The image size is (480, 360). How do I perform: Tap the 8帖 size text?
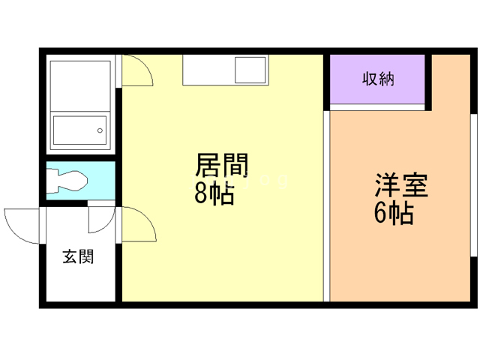pos(214,193)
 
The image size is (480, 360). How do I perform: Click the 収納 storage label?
pos(378,79)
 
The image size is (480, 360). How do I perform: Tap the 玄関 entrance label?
pos(78,256)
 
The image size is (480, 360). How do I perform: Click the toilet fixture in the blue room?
pos(67,181)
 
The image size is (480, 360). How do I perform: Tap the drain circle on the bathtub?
pos(99,131)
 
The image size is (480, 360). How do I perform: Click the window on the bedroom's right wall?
pos(473,187)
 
